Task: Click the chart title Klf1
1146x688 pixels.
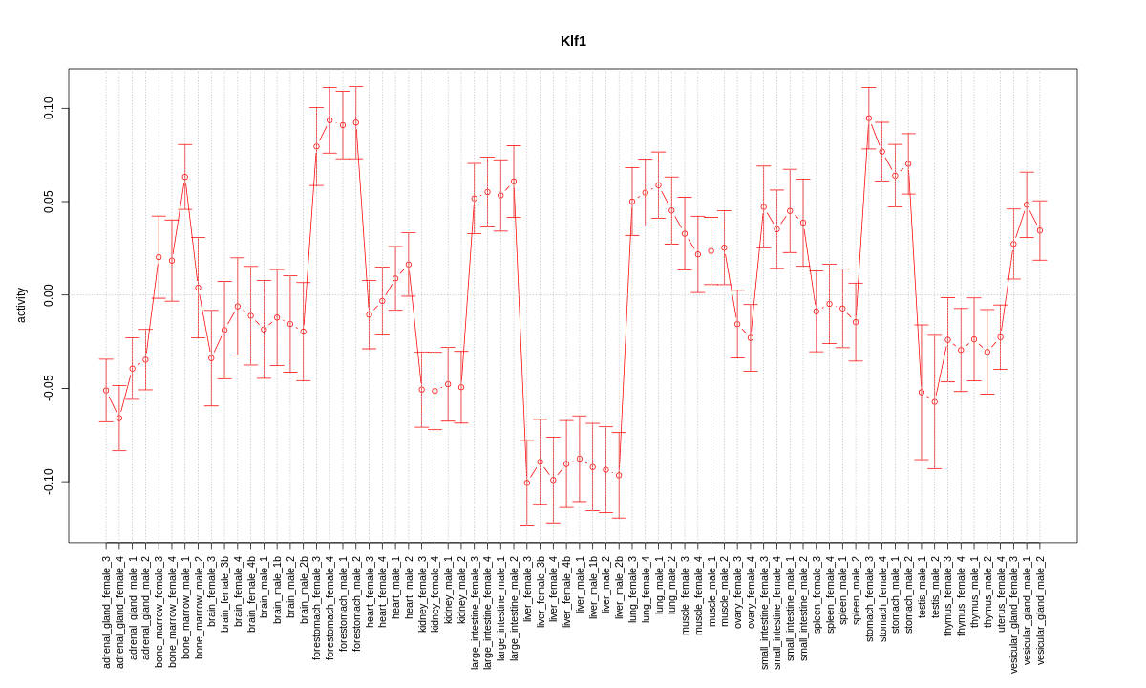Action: [x=573, y=41]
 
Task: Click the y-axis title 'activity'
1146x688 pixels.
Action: [x=21, y=305]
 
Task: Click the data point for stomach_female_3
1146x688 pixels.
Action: [x=869, y=118]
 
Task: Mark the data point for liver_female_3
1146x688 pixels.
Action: [x=527, y=483]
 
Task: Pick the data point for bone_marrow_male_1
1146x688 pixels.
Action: [x=185, y=177]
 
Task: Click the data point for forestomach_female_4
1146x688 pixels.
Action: [x=329, y=120]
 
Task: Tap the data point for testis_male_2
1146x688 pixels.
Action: [x=935, y=401]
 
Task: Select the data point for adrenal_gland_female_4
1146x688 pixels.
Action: [x=119, y=418]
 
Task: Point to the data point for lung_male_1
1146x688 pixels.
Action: [x=659, y=185]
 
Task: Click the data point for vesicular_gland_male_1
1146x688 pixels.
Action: [x=1027, y=204]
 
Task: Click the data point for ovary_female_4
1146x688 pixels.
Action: [x=751, y=337]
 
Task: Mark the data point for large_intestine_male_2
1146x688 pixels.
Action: [x=514, y=182]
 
